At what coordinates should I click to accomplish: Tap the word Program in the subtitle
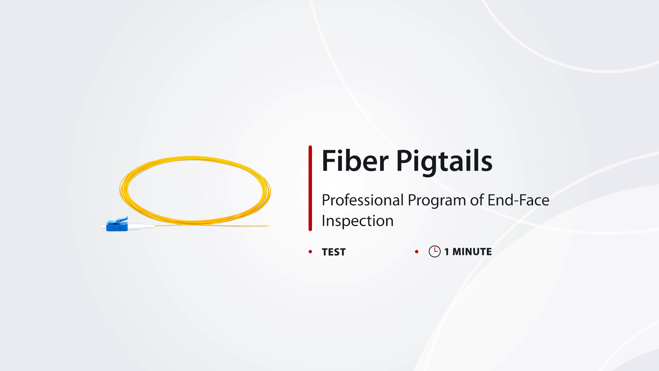(x=437, y=201)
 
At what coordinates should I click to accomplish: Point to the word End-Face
(x=518, y=200)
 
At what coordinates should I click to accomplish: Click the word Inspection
(x=357, y=221)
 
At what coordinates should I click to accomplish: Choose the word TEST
(x=334, y=252)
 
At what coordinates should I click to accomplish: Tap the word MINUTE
(x=472, y=251)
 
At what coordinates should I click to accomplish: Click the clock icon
(x=435, y=251)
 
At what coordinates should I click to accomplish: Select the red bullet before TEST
(x=310, y=252)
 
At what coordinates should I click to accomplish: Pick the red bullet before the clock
(x=417, y=252)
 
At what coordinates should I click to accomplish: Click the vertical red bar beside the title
(x=310, y=188)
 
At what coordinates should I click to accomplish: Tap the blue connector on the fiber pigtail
(x=117, y=224)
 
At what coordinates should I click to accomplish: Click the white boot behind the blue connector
(x=141, y=226)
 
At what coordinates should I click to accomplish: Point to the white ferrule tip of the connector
(x=104, y=227)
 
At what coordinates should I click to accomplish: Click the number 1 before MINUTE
(x=447, y=252)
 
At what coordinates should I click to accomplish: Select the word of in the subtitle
(x=477, y=200)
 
